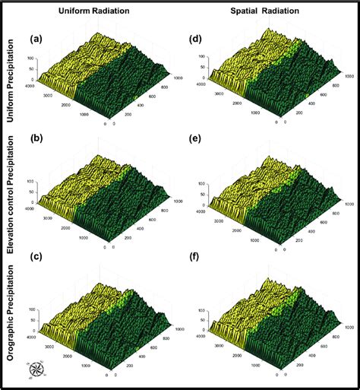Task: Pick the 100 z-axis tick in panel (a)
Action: tap(31, 58)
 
